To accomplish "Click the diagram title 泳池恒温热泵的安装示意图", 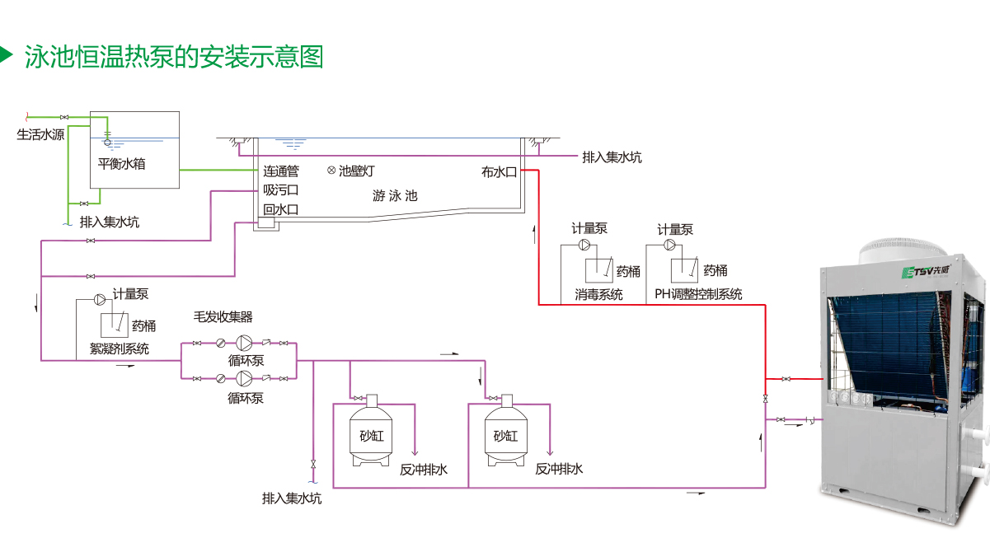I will coord(174,56).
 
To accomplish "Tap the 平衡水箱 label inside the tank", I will coord(121,164).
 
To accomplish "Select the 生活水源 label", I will coord(40,134).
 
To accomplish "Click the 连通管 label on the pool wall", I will coord(281,171).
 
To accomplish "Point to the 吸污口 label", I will coord(281,190).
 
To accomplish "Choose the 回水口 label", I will coord(281,209).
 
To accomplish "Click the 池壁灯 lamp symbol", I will coord(331,171).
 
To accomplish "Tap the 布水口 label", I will coord(499,172).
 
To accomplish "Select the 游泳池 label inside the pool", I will coord(395,196).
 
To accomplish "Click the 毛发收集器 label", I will coord(223,316).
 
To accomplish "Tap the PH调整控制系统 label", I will coord(698,294).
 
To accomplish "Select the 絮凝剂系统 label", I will coord(120,349).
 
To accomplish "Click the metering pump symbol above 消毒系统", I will coord(584,245).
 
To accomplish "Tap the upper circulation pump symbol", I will coord(245,343).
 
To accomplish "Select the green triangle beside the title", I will coord(7,55).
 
